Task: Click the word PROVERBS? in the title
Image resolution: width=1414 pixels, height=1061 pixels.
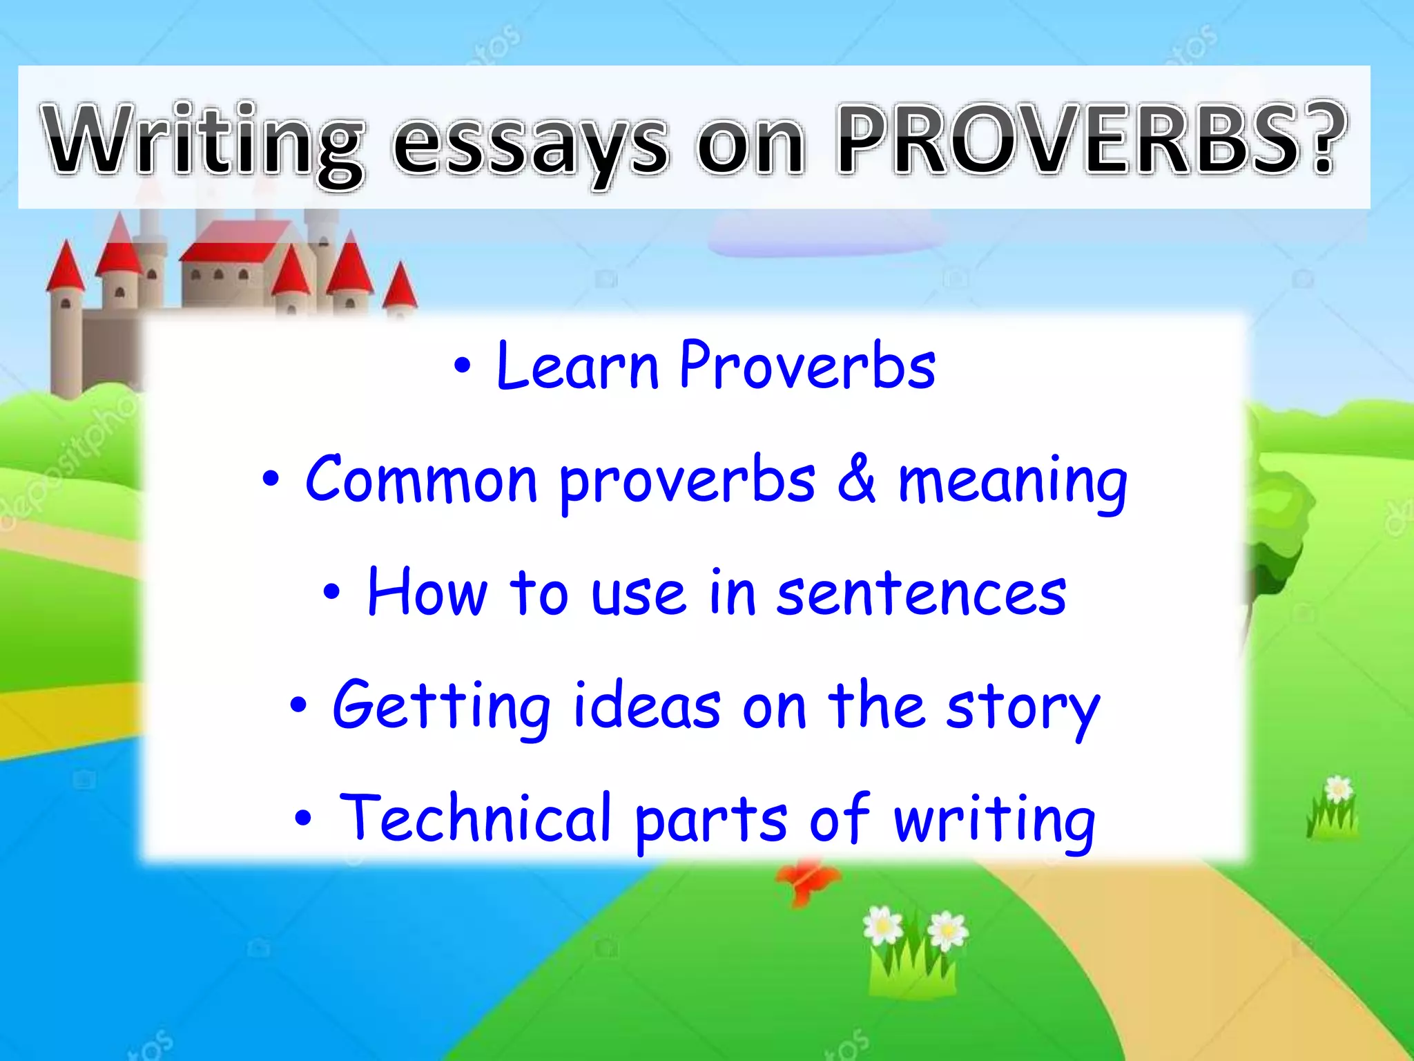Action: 1089,140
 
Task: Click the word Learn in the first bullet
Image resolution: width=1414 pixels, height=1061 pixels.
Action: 577,366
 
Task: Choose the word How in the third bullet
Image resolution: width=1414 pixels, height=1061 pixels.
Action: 427,592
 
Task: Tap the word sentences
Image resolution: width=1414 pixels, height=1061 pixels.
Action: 921,594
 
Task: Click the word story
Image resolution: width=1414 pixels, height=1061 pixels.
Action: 1023,709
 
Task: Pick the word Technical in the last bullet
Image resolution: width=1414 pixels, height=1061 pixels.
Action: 476,819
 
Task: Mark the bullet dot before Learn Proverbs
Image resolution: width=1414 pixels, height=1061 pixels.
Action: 463,367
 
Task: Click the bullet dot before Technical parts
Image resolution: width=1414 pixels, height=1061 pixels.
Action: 303,819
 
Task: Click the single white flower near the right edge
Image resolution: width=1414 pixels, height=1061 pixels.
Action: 1337,789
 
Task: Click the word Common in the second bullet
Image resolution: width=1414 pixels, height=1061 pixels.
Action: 421,479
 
